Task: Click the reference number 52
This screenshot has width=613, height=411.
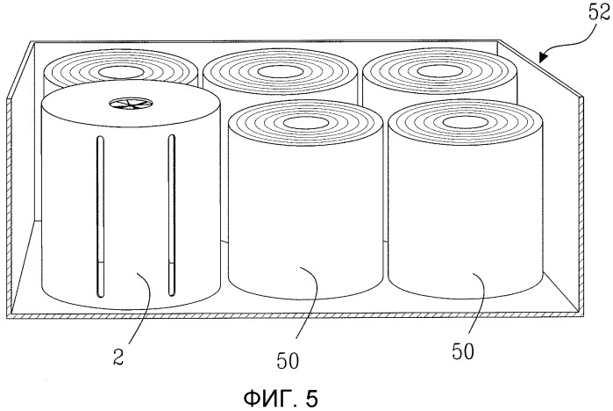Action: click(599, 12)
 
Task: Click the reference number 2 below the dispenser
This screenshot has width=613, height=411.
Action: click(118, 357)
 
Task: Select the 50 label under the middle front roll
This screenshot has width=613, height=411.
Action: click(288, 361)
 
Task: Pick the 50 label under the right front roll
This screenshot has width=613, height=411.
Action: click(463, 351)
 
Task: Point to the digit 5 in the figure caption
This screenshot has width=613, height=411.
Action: click(311, 399)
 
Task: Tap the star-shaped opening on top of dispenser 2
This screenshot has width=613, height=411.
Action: click(131, 104)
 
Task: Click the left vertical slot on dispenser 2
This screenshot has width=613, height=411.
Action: click(101, 216)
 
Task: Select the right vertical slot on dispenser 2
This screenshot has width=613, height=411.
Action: click(172, 215)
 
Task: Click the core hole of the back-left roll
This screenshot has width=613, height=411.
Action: click(121, 72)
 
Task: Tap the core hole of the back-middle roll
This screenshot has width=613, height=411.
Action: click(281, 72)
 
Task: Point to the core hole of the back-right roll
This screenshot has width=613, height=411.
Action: click(440, 71)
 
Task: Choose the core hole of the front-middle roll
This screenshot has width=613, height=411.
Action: click(305, 123)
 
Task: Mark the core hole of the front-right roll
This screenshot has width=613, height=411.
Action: click(465, 122)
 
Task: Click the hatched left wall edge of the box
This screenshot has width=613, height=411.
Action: click(9, 206)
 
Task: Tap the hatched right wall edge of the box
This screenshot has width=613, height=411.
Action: click(581, 205)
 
